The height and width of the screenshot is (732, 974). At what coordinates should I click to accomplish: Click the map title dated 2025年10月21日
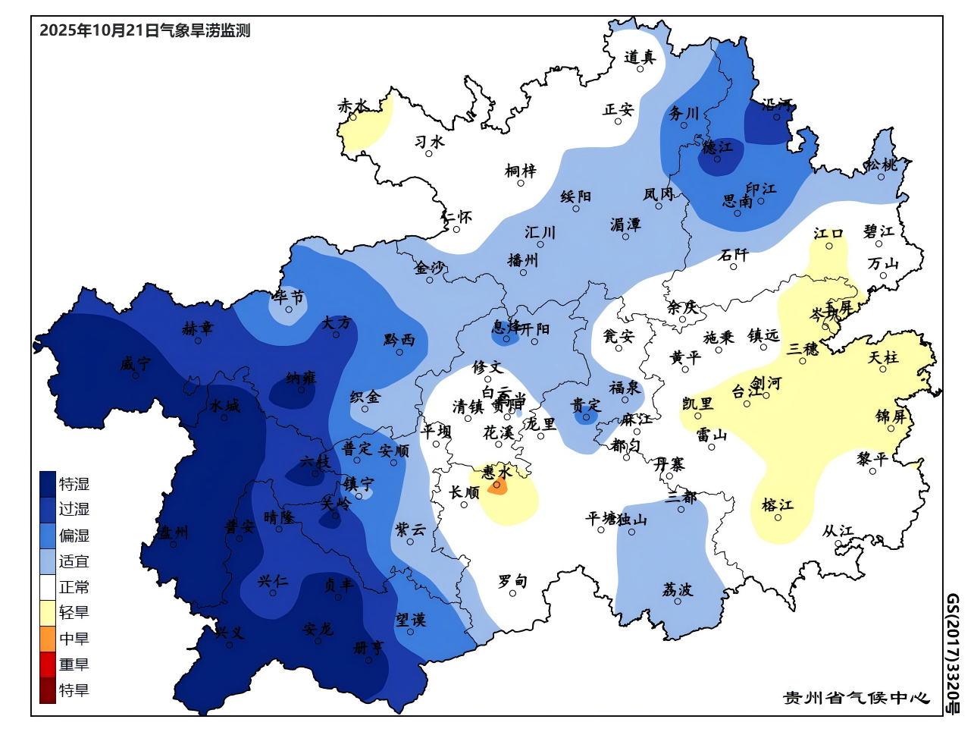[144, 31]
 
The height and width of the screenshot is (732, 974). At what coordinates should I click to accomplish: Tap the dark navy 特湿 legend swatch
[48, 484]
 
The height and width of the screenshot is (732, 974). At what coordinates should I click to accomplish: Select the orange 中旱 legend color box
[48, 639]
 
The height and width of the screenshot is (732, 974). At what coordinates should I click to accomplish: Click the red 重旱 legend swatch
[48, 664]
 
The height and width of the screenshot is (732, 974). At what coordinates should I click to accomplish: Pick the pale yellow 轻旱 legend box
[48, 613]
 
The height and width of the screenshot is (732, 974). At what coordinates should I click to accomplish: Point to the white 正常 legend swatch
[48, 587]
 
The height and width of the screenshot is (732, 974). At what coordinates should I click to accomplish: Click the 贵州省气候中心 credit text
[856, 698]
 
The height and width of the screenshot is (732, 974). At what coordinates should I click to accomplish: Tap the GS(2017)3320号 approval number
[952, 654]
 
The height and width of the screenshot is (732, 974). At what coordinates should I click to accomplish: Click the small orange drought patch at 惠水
[497, 487]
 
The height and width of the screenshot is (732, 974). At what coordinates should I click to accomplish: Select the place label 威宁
[135, 364]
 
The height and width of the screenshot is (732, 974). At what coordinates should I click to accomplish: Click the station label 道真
[639, 57]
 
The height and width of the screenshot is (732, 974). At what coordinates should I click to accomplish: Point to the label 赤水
[353, 105]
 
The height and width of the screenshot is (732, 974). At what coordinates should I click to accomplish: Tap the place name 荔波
[677, 589]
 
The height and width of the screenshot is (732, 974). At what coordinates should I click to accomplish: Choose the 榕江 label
[778, 504]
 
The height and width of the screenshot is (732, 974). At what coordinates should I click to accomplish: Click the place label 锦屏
[891, 416]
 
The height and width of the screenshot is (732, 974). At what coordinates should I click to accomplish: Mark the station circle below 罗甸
[512, 594]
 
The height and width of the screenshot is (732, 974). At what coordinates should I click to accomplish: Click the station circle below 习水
[429, 154]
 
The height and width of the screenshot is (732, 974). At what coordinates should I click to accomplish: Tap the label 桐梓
[521, 171]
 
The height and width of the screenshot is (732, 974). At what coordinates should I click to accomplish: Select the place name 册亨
[368, 648]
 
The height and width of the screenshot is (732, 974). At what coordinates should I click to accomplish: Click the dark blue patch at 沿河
[767, 124]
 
